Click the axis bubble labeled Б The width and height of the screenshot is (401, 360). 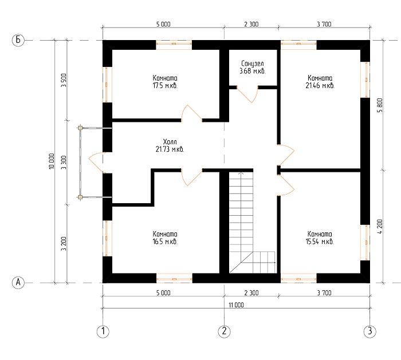(18, 40)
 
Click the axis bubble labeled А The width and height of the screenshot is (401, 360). (18, 283)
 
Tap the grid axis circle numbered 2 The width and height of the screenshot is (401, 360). (225, 331)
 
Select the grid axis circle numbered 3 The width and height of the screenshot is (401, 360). (370, 331)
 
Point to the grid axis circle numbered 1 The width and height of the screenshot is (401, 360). (103, 331)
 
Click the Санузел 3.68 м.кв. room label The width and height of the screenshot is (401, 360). (253, 67)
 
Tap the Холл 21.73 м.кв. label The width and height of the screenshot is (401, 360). (170, 145)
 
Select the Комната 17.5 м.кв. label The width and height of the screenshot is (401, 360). (165, 81)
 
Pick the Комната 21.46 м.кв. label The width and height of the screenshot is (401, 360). (320, 81)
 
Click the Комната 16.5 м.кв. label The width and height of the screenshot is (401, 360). (165, 238)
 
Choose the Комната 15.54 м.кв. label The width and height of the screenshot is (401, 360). (320, 238)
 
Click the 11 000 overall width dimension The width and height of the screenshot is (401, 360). (236, 305)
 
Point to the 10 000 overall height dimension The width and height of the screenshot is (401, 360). (52, 161)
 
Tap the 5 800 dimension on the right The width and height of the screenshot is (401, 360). (380, 105)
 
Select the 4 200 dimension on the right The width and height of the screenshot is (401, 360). (380, 227)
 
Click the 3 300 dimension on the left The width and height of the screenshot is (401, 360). (64, 162)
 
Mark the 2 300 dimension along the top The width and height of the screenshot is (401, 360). (251, 24)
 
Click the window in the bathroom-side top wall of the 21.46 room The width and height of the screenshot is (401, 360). (298, 45)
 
